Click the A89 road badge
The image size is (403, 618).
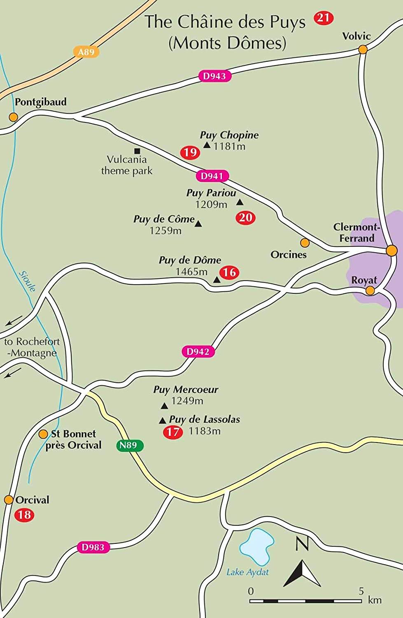pos(86,52)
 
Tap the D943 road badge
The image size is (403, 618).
pos(214,76)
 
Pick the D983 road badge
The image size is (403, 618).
pos(93,547)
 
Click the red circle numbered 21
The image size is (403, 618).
pos(324,18)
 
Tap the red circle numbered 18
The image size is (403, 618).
pos(24,515)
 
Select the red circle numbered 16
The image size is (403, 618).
pos(229,272)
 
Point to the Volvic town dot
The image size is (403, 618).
pos(363,49)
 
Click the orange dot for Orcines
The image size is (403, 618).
pos(305,242)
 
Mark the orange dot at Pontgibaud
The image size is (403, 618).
pos(14,117)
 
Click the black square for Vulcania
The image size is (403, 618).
pos(137,151)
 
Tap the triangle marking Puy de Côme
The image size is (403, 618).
pos(198,224)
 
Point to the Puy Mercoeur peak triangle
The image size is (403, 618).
pos(164,406)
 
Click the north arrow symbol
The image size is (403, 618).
pos(302,573)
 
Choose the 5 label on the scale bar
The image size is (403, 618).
pos(361,591)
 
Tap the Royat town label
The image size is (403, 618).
pos(364,281)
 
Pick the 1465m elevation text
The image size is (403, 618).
pos(191,272)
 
